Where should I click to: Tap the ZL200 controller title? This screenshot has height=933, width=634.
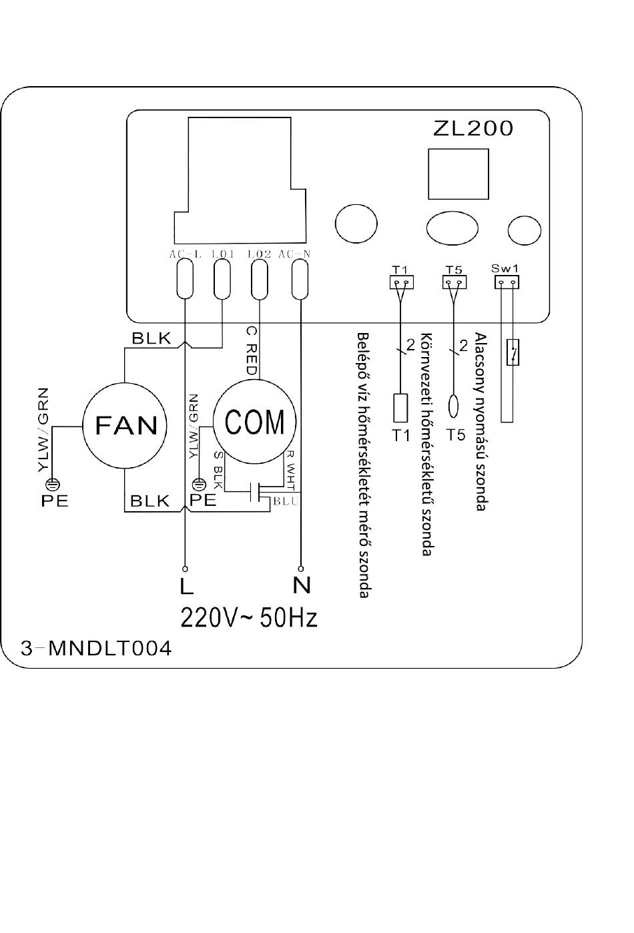[x=472, y=129]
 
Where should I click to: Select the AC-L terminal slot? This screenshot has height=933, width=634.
[x=185, y=278]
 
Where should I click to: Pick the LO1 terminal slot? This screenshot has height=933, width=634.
[x=222, y=278]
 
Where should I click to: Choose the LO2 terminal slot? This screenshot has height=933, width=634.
[x=260, y=278]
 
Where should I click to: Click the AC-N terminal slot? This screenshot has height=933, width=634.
[x=300, y=278]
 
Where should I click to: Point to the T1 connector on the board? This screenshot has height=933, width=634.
[x=401, y=282]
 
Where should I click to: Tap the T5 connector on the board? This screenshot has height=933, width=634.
[x=454, y=282]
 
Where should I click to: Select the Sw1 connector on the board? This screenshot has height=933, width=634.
[x=507, y=282]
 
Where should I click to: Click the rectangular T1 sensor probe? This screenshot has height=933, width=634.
[x=400, y=408]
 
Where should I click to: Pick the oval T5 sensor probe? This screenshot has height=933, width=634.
[x=453, y=406]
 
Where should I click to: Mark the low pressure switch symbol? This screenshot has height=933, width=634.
[x=513, y=352]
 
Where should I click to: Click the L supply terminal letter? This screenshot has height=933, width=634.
[x=187, y=585]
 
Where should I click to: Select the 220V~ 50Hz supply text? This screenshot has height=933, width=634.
[x=249, y=618]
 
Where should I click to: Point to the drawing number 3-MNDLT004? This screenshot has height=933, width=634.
[x=96, y=649]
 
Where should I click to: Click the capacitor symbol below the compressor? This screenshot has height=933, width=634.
[x=255, y=492]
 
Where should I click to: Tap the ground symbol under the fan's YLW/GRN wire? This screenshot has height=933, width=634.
[x=53, y=485]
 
